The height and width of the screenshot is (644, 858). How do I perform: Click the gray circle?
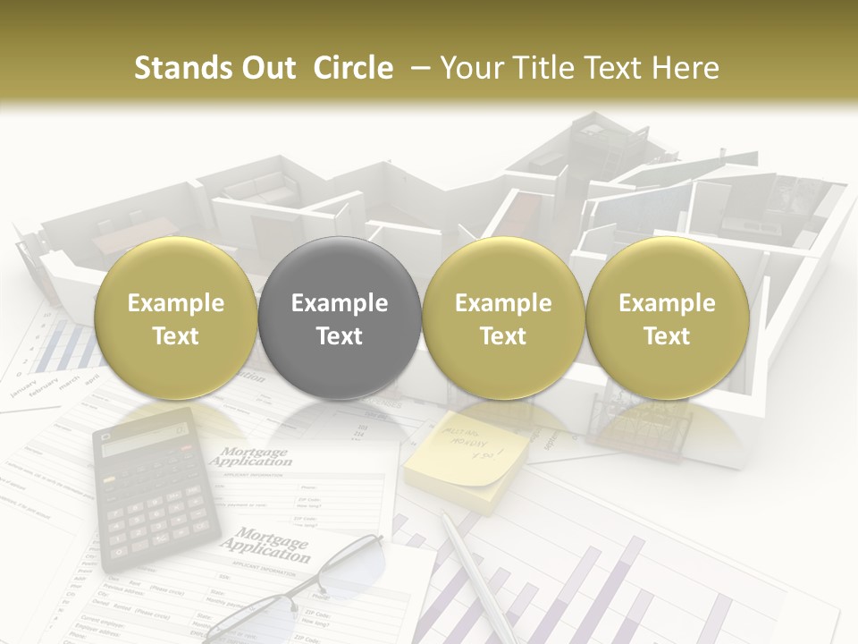point(339,318)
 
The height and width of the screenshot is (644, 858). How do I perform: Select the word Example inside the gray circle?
point(339,303)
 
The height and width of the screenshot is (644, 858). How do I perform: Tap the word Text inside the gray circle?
point(339,336)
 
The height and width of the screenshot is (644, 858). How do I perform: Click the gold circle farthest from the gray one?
point(667,318)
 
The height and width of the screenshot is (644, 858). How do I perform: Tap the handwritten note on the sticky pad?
point(470,442)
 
